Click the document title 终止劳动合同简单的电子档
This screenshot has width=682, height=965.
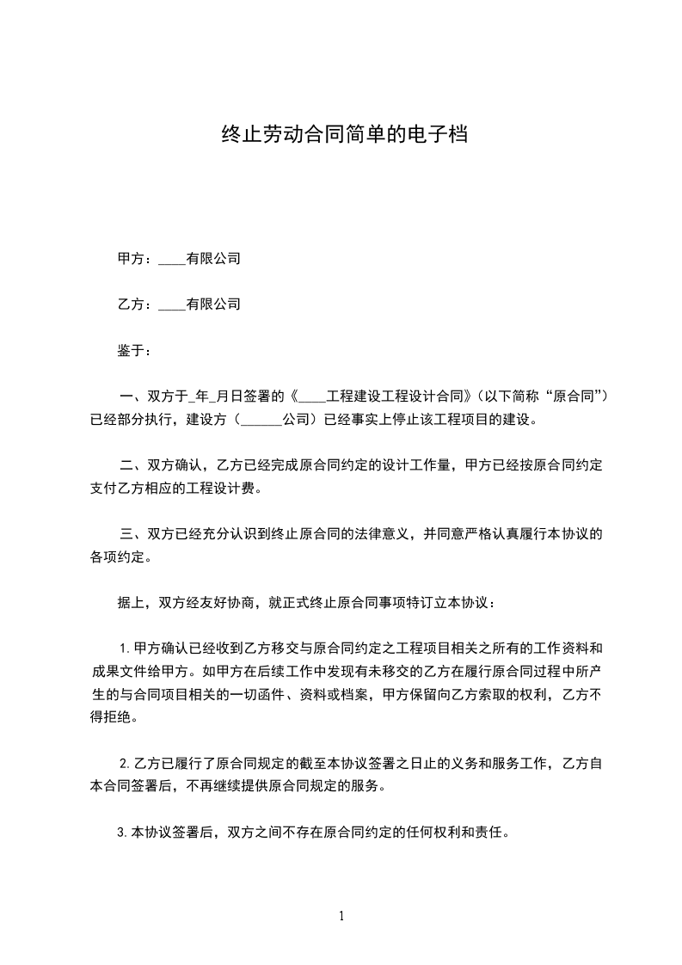(x=344, y=135)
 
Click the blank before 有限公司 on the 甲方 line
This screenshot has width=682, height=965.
(x=172, y=260)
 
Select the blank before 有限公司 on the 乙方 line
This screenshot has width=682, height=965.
(x=172, y=305)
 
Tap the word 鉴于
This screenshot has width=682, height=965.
(x=130, y=351)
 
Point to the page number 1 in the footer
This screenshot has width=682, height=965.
(x=341, y=916)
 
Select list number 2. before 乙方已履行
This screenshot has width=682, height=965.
(x=125, y=764)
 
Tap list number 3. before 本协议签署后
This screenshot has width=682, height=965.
(x=122, y=833)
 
